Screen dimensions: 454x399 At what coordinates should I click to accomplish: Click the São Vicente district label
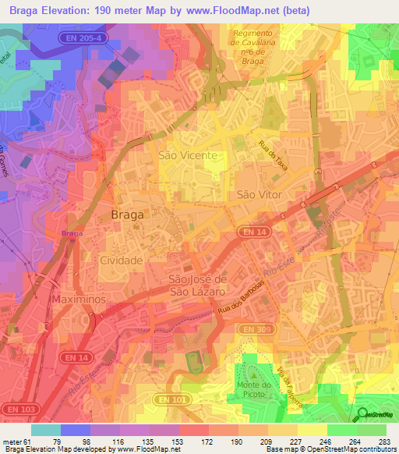187,155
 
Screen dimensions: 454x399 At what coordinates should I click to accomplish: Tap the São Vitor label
258,194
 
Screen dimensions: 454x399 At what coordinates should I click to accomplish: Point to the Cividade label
121,260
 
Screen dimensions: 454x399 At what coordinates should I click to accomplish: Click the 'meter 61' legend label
16,442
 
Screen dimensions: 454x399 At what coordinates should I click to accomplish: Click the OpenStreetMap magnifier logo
362,414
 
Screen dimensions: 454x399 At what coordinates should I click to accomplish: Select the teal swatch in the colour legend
46,430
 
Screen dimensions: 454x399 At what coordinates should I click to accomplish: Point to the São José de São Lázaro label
198,285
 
